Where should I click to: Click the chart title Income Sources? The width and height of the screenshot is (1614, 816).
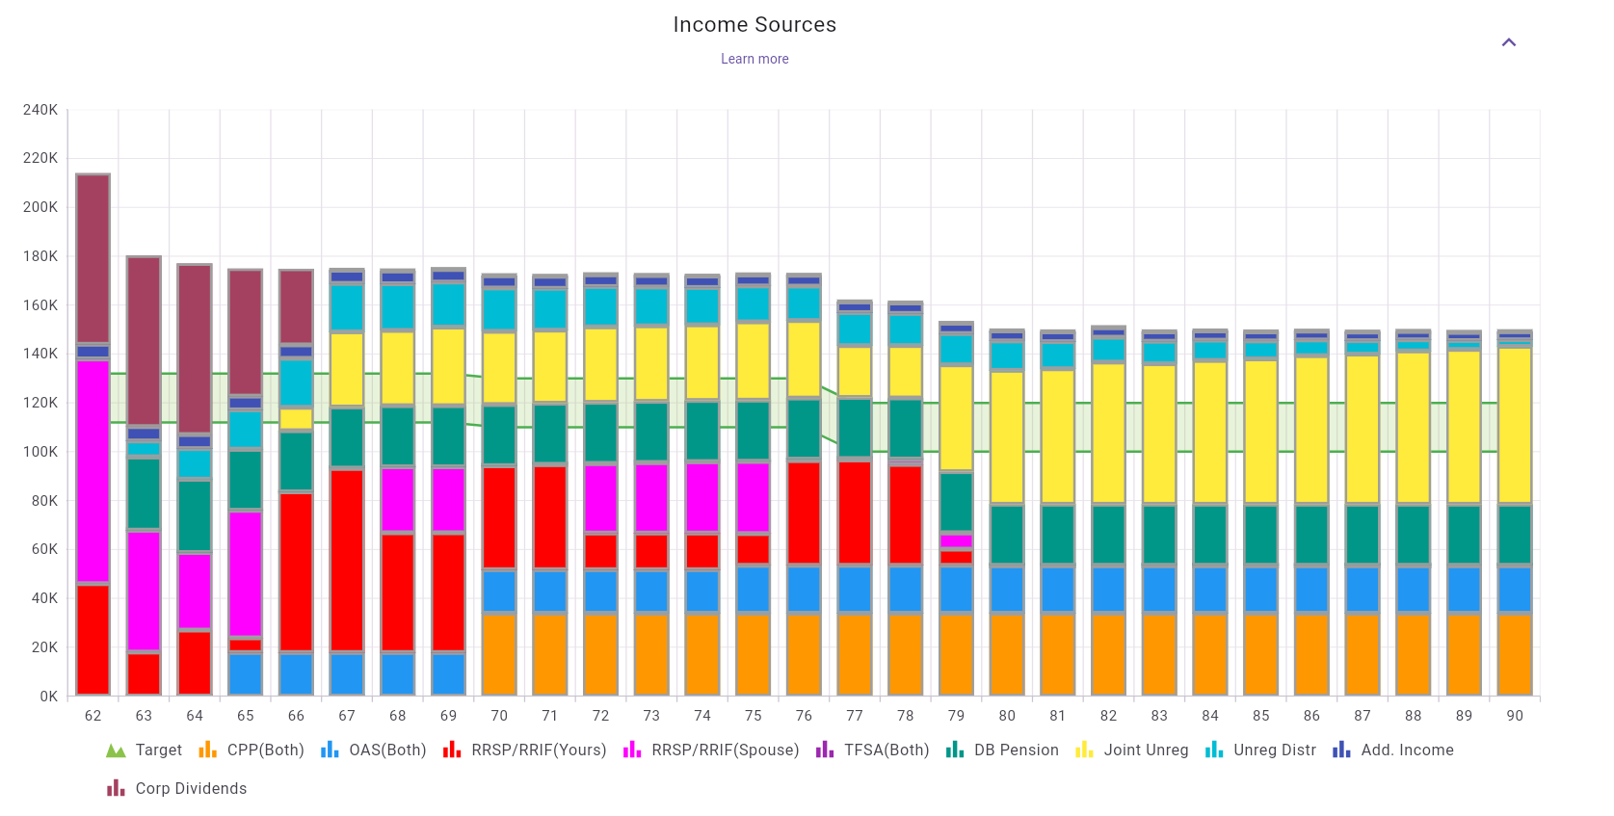754,25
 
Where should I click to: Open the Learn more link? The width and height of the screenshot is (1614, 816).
754,59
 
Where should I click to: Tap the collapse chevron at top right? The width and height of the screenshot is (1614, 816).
1509,42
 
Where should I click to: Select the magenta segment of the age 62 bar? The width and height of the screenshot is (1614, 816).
93,472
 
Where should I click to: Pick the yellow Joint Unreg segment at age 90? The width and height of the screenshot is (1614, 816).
1515,424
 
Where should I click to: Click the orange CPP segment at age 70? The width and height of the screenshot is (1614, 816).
499,654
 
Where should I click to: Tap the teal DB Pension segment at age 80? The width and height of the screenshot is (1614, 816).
1007,535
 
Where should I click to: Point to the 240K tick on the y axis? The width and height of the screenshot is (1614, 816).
40,110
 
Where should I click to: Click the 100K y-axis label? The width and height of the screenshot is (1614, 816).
40,452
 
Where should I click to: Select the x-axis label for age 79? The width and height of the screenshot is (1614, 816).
956,716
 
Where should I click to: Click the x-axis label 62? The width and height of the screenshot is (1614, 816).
93,716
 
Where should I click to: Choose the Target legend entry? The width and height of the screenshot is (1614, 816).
145,750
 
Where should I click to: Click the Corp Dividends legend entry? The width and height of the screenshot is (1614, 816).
178,789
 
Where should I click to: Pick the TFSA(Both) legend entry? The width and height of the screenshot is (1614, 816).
873,750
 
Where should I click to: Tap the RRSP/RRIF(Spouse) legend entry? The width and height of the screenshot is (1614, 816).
712,750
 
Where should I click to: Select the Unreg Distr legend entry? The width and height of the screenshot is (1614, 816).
1261,750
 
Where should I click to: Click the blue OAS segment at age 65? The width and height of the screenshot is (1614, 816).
246,673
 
